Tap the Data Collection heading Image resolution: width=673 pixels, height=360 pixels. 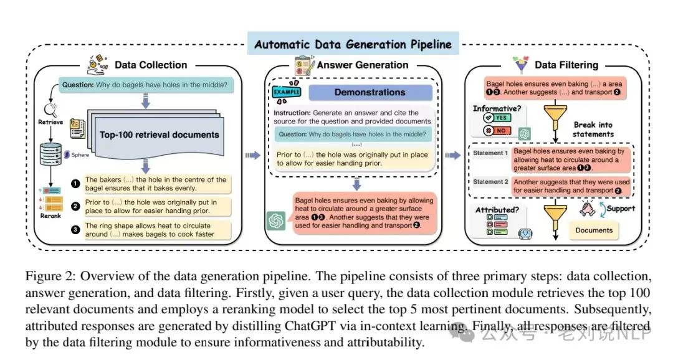tap(150, 65)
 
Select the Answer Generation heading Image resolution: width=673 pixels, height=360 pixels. tap(364, 65)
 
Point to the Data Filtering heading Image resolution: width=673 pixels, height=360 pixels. tap(566, 65)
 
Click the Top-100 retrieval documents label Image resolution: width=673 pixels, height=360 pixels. tap(160, 135)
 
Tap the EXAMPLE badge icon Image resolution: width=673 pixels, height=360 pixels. tap(286, 92)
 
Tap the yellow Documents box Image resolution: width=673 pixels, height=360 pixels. tap(593, 230)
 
